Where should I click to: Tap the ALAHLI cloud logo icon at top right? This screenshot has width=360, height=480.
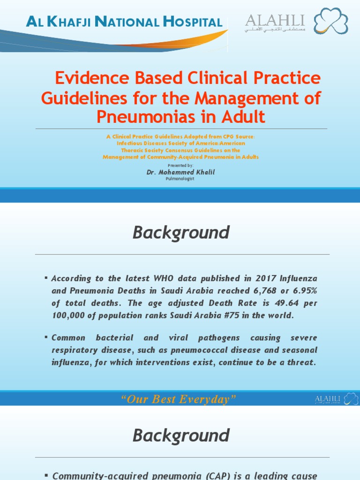[331, 22]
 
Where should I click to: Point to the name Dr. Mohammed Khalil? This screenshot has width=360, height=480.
[180, 172]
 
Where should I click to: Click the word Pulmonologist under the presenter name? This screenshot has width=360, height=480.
[180, 179]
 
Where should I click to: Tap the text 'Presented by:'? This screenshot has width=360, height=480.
[180, 165]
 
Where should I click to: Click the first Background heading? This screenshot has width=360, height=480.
[181, 232]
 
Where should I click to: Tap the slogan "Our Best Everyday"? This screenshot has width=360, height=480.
[178, 399]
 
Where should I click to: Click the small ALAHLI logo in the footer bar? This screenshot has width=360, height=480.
[336, 399]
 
